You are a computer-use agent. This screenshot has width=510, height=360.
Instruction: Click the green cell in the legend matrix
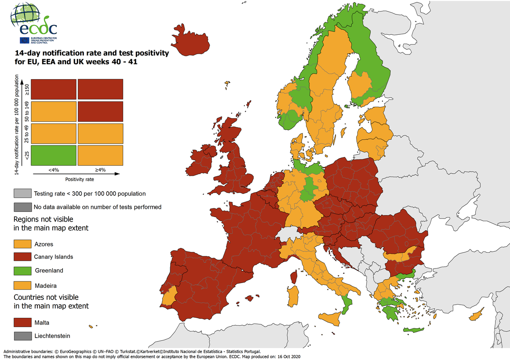pyautogui.click(x=54, y=155)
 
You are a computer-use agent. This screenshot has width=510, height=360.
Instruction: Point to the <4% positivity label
pyautogui.click(x=54, y=169)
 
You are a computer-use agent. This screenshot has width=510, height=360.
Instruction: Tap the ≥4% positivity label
pyautogui.click(x=100, y=169)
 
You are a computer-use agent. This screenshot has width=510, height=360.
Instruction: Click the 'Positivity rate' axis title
pyautogui.click(x=80, y=179)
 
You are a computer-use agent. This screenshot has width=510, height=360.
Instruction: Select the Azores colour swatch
pyautogui.click(x=22, y=244)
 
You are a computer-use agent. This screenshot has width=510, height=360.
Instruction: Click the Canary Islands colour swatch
pyautogui.click(x=22, y=257)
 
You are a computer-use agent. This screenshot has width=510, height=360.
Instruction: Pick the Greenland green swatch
pyautogui.click(x=22, y=270)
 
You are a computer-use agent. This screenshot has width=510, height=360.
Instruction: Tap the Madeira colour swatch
pyautogui.click(x=22, y=285)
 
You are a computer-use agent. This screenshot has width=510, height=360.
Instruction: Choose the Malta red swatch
pyautogui.click(x=22, y=323)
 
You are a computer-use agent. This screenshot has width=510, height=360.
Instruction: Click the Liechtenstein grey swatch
pyautogui.click(x=22, y=336)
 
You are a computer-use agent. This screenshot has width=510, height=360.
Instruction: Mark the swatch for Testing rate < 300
pyautogui.click(x=22, y=193)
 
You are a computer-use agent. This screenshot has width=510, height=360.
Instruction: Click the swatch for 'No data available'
pyautogui.click(x=22, y=207)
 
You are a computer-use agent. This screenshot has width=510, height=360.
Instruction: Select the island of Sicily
pyautogui.click(x=331, y=317)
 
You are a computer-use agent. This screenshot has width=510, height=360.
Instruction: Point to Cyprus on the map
pyautogui.click(x=477, y=316)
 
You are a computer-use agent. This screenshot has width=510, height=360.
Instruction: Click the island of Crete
pyautogui.click(x=414, y=331)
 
